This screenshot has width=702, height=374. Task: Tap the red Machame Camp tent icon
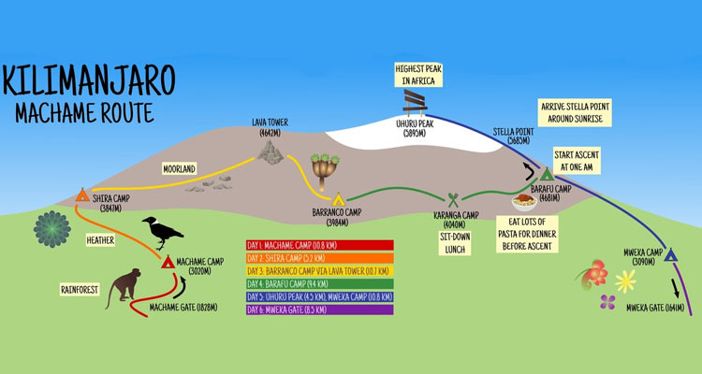pos(168,263)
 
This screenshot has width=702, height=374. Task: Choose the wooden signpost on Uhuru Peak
pos(416,101)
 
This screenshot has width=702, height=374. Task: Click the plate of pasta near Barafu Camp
pos(520,199)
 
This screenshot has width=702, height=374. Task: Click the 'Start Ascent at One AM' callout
pos(577,159)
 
